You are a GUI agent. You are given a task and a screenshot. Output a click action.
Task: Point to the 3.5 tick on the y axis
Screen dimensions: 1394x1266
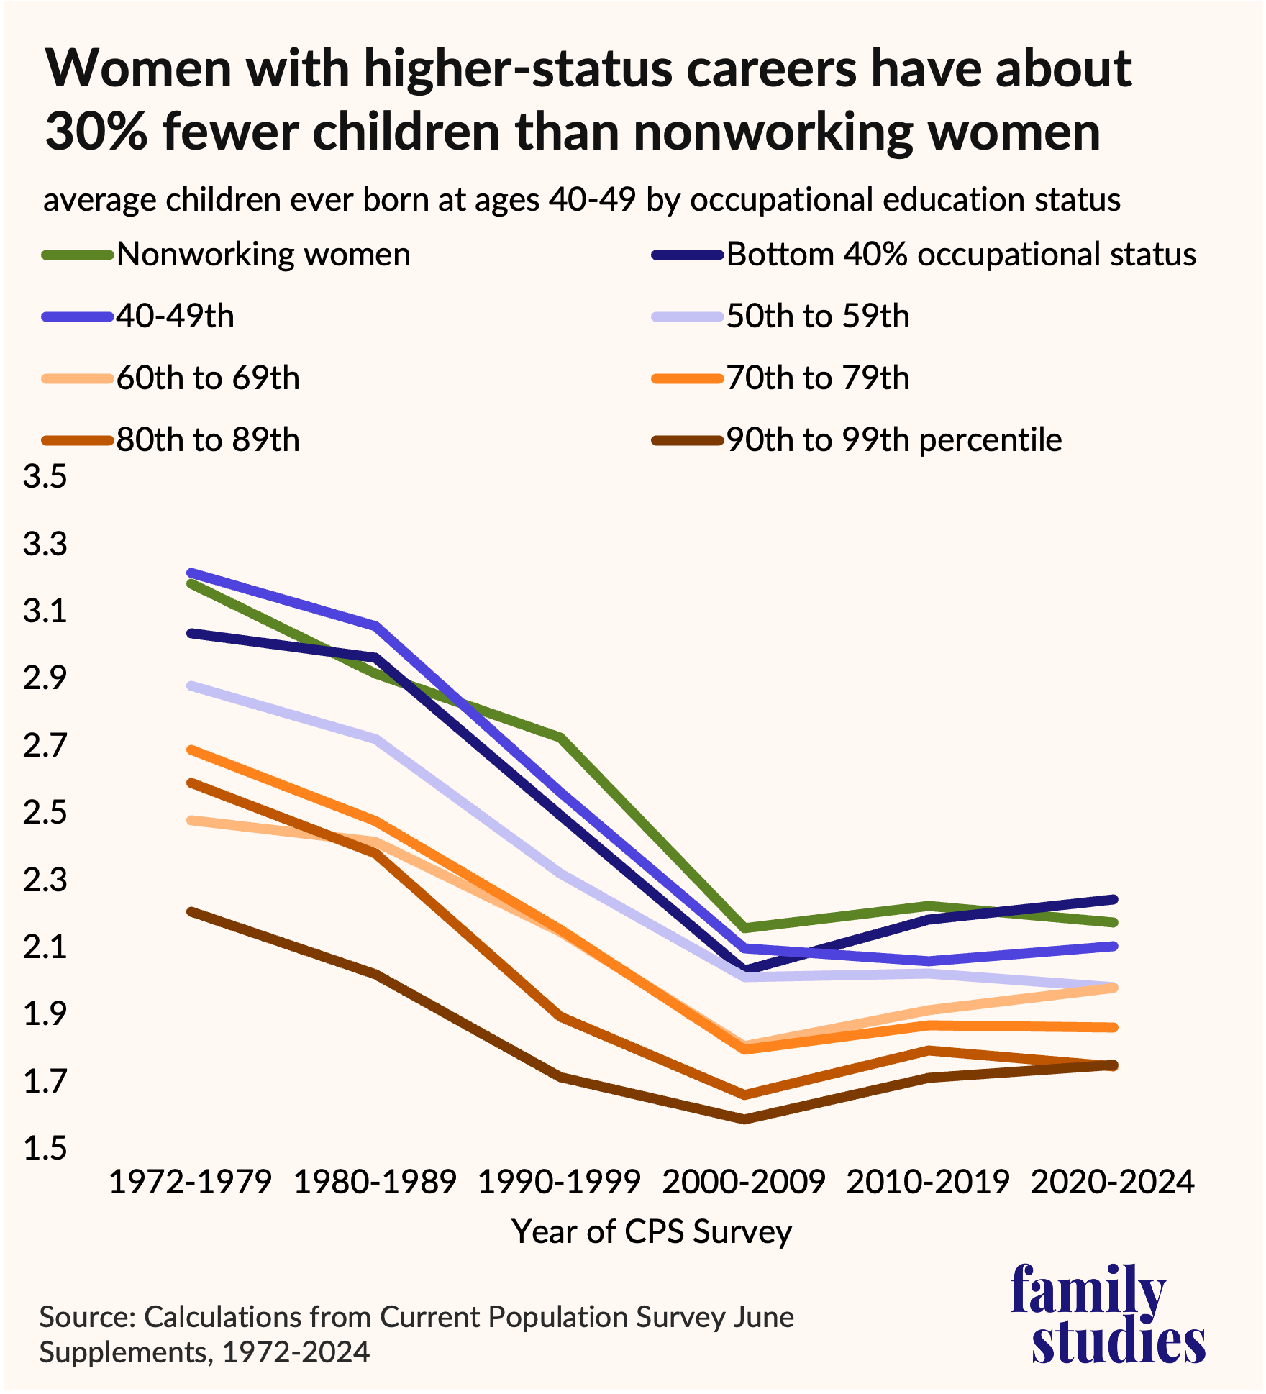pos(45,477)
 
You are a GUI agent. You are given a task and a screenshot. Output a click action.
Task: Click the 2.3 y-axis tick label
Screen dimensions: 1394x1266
pos(45,880)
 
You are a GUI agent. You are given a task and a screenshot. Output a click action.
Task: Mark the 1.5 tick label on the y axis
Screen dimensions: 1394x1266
pos(45,1149)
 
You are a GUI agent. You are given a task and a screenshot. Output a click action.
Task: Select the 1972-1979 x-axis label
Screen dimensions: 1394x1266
pos(190,1182)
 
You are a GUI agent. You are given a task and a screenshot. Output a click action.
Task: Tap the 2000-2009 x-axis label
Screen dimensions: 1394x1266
pos(744,1182)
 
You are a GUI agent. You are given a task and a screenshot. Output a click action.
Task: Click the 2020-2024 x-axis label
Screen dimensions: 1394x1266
pos(1113,1182)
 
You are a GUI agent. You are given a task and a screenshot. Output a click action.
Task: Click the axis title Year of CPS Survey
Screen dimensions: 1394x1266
pos(652,1231)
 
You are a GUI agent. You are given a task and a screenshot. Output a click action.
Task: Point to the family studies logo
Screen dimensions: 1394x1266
pos(1107,1313)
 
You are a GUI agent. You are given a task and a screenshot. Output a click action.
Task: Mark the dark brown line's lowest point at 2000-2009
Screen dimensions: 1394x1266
pos(744,1119)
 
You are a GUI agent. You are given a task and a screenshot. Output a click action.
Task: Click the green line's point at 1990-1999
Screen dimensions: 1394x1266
pos(560,737)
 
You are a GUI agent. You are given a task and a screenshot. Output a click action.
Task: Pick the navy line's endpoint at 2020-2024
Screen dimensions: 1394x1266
pos(1113,899)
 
